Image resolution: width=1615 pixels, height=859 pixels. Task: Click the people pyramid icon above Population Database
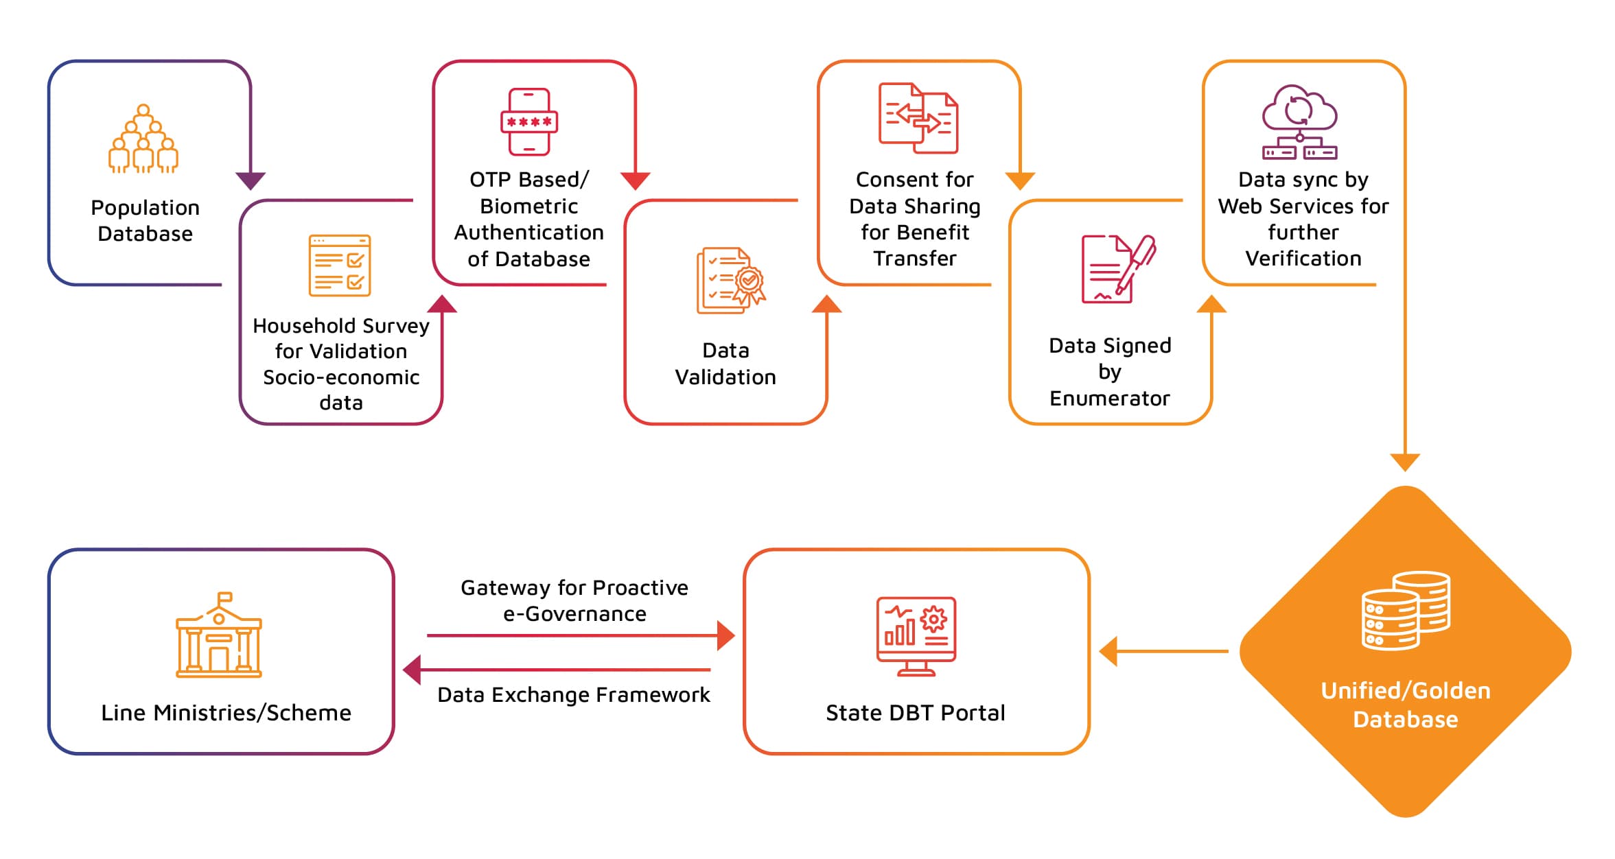pos(143,139)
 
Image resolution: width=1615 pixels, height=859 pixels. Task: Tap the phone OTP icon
pos(528,121)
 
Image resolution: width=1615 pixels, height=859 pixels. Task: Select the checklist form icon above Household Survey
pos(340,266)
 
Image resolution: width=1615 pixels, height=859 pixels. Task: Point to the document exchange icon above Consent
pos(918,118)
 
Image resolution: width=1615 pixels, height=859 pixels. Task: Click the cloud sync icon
pos(1299,122)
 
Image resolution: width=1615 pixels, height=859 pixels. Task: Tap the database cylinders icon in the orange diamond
pos(1406,610)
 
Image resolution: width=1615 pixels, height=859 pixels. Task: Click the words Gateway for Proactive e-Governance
pos(574,600)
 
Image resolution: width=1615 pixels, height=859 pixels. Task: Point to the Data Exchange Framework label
pos(574,695)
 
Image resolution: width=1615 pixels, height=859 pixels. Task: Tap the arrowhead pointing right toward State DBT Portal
pos(725,636)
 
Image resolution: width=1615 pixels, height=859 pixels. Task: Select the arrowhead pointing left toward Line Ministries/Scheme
pos(412,670)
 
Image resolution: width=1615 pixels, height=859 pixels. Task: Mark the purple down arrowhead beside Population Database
pos(251,180)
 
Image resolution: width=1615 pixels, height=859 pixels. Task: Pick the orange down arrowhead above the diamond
pos(1405,462)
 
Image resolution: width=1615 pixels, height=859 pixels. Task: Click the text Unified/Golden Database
pos(1406,705)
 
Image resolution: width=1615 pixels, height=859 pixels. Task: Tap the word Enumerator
pos(1109,399)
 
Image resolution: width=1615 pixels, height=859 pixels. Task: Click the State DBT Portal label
pos(916,713)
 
